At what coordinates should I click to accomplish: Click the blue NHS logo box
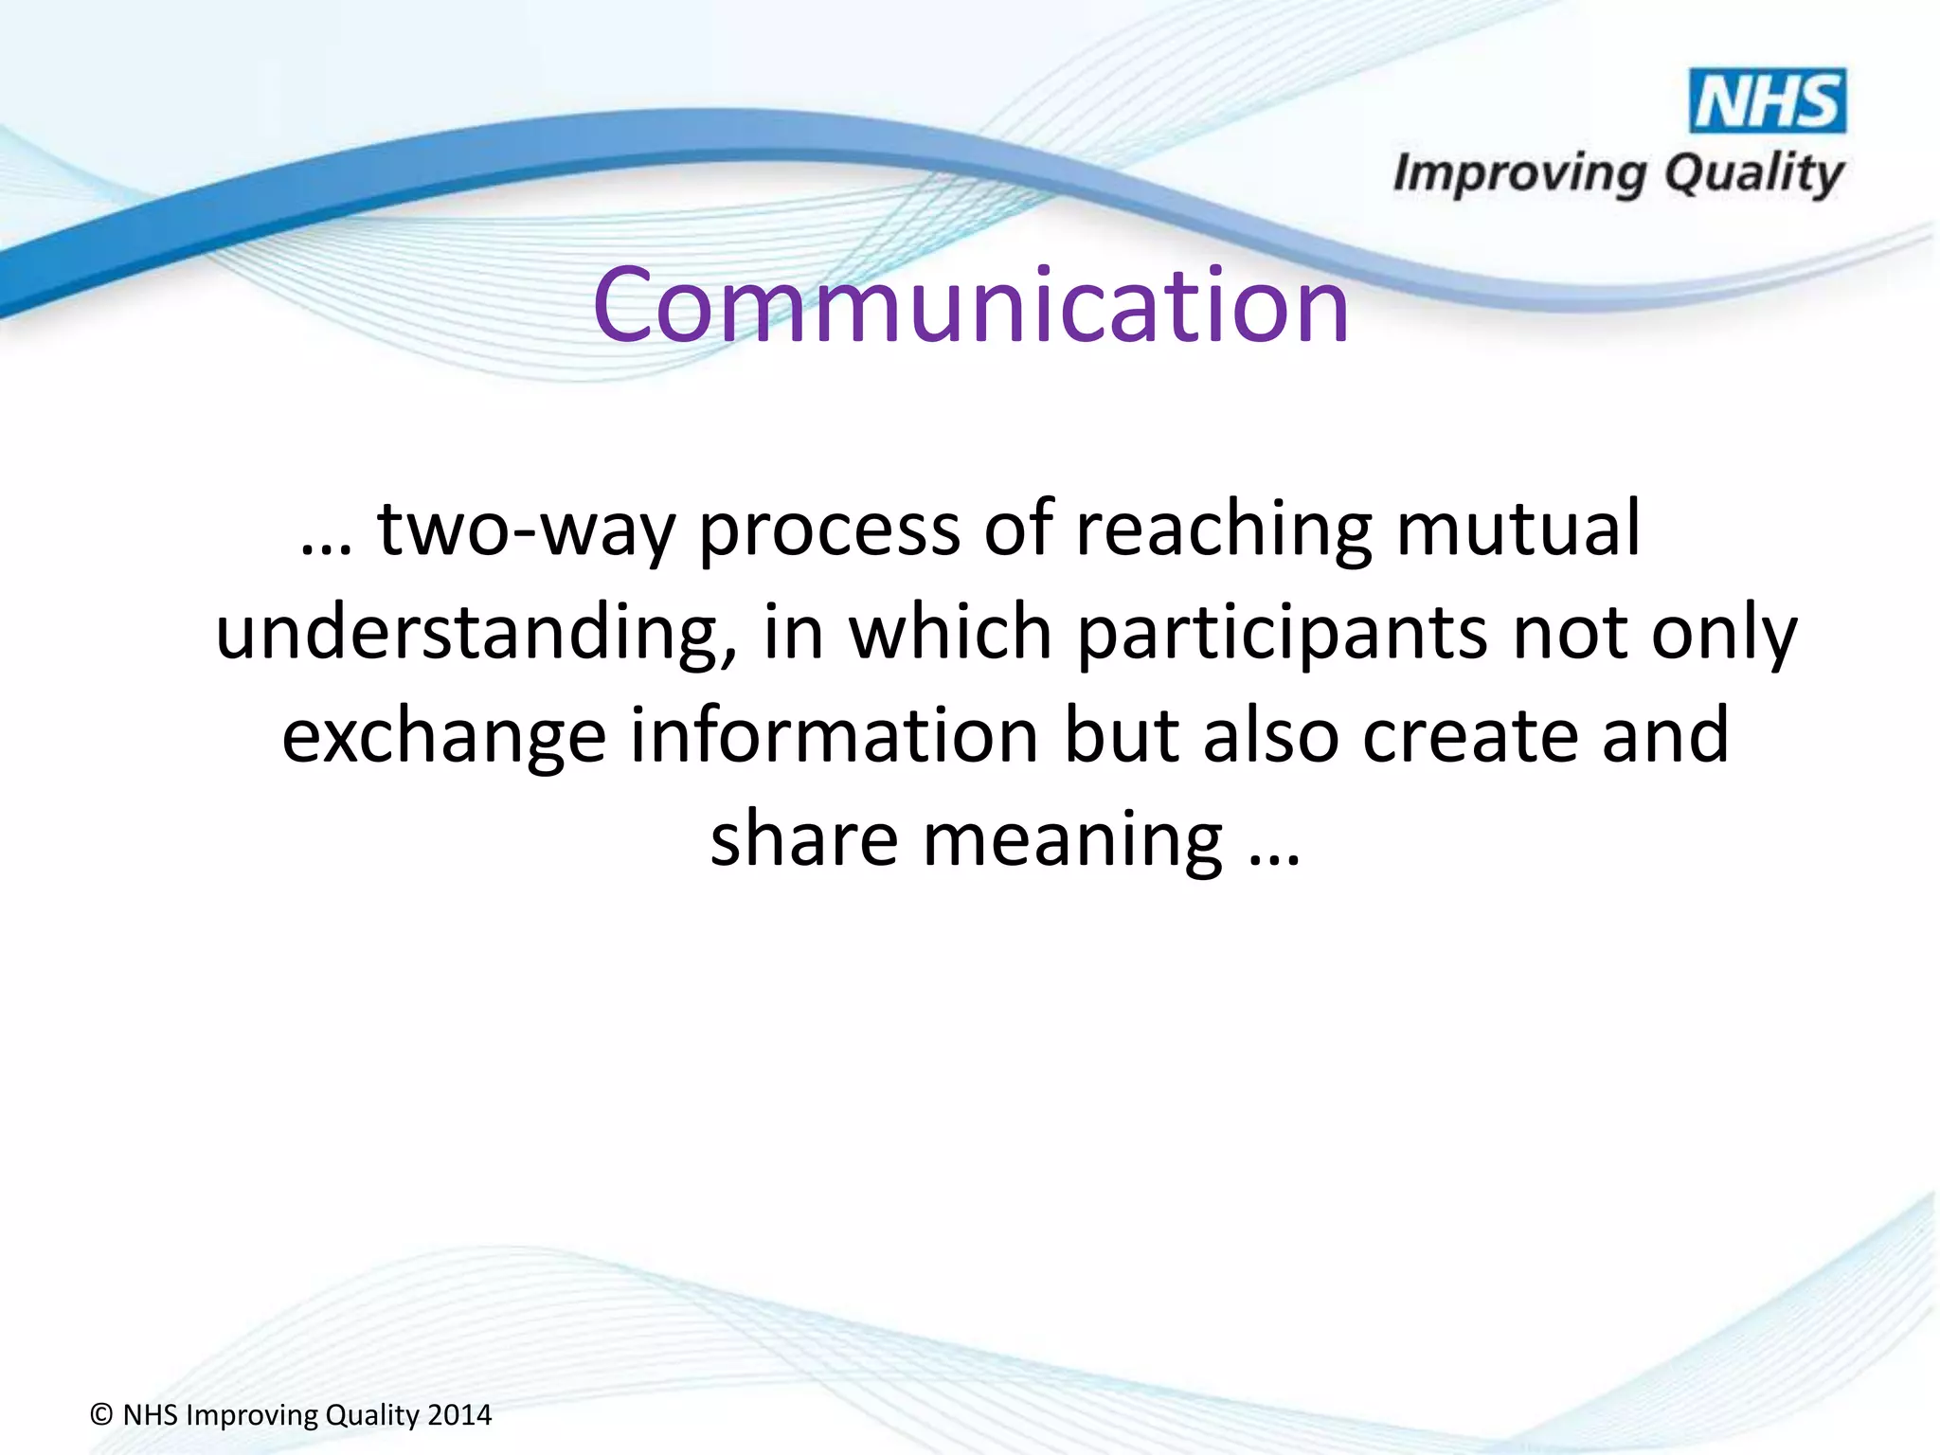click(x=1768, y=100)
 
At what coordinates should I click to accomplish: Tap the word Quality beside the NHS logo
click(x=1753, y=174)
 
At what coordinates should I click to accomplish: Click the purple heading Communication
click(x=970, y=305)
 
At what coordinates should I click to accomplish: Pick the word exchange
click(x=443, y=737)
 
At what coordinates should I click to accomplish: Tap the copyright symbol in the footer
click(x=101, y=1415)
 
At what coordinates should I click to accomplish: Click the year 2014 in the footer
click(x=459, y=1415)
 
